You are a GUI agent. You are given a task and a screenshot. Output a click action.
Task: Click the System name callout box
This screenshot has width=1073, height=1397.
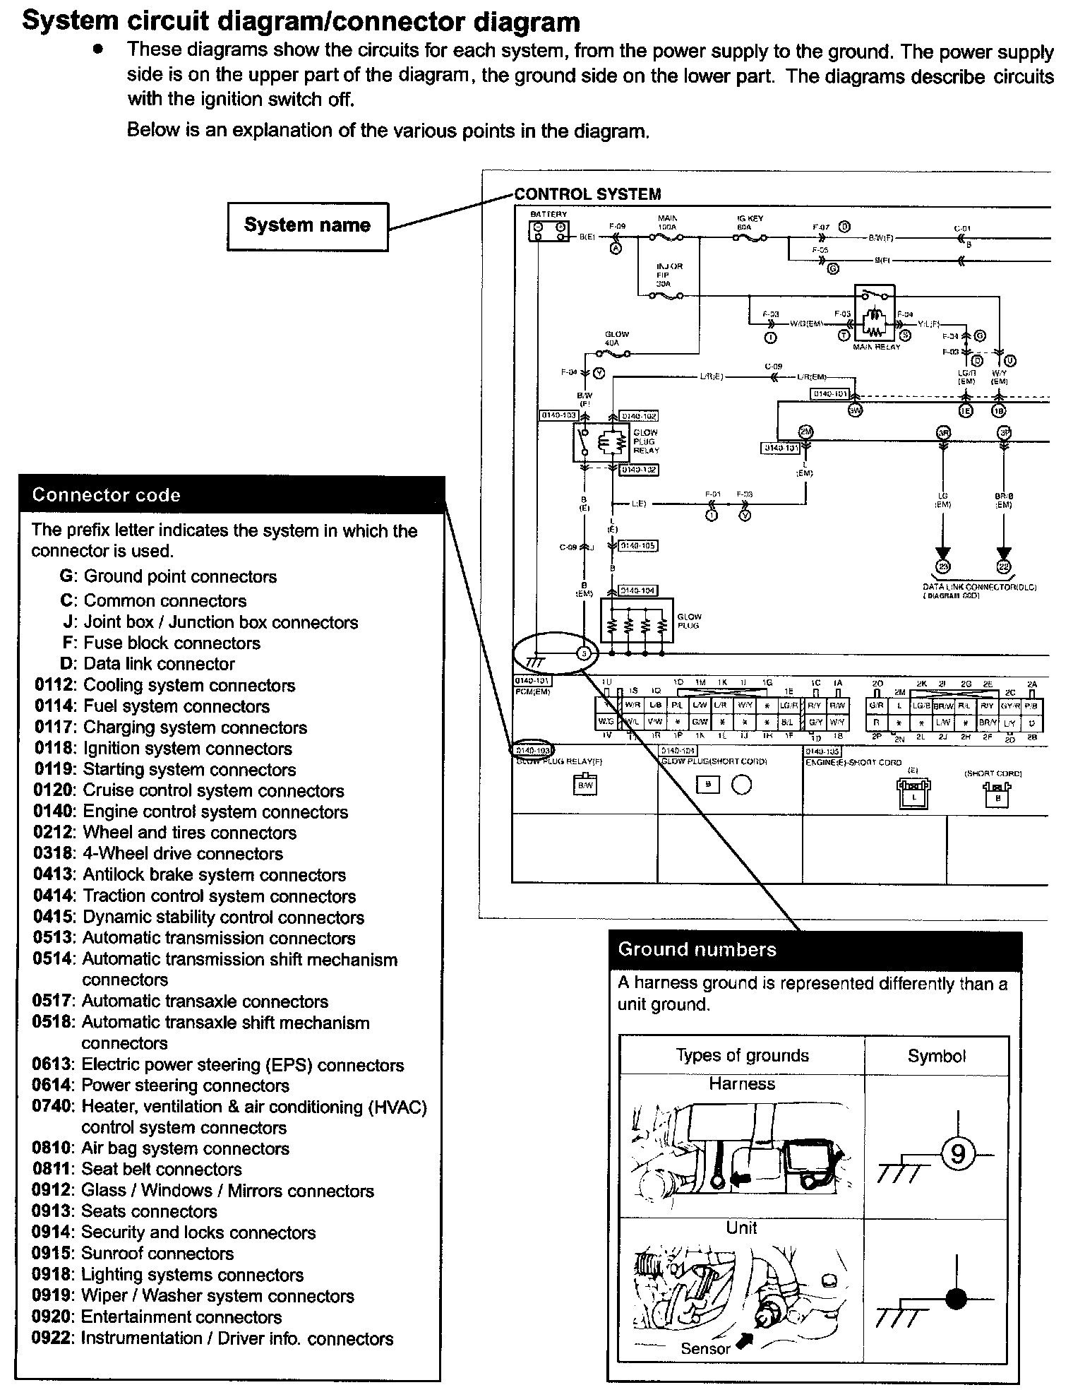[x=307, y=226]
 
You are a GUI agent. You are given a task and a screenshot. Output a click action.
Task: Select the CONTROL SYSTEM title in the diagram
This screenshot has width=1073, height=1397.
[x=587, y=194]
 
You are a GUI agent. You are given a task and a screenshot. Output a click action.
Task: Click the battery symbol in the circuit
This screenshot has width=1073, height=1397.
[x=549, y=231]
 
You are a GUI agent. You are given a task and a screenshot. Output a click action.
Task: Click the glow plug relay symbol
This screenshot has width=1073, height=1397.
[x=600, y=443]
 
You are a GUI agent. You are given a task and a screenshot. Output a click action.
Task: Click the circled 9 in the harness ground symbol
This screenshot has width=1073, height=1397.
[x=958, y=1153]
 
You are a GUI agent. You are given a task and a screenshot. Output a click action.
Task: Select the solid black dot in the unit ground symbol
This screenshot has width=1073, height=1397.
[x=957, y=1298]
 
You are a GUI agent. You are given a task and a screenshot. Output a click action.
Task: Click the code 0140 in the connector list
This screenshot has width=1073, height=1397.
[x=53, y=812]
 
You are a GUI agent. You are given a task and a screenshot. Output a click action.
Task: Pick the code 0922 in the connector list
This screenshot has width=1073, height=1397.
[x=52, y=1338]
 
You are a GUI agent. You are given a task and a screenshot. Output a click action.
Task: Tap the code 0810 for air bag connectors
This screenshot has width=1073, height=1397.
[x=52, y=1148]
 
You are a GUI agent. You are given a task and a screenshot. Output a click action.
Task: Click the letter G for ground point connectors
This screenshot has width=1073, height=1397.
[x=67, y=577]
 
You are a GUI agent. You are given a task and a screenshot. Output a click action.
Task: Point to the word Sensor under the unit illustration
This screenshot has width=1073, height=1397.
[x=705, y=1348]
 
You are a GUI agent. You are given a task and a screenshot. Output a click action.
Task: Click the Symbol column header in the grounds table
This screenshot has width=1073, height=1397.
[x=936, y=1057]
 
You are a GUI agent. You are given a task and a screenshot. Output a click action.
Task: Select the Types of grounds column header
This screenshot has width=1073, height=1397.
[x=742, y=1056]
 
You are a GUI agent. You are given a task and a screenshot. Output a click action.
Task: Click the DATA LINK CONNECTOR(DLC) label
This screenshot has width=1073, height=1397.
[x=979, y=587]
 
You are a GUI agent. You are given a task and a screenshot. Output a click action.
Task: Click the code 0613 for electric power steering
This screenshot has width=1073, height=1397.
[x=52, y=1065]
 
